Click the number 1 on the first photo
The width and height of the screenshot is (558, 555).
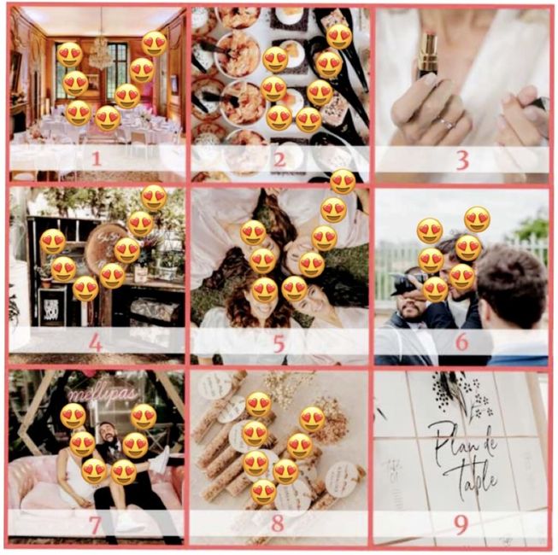point(96,158)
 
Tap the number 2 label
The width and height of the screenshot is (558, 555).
point(279,159)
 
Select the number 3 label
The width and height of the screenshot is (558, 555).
point(462,159)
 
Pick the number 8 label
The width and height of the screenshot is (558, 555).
point(278,523)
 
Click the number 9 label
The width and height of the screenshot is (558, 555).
point(462,523)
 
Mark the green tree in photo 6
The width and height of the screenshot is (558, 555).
point(533,226)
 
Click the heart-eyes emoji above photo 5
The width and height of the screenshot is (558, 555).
point(342,181)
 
